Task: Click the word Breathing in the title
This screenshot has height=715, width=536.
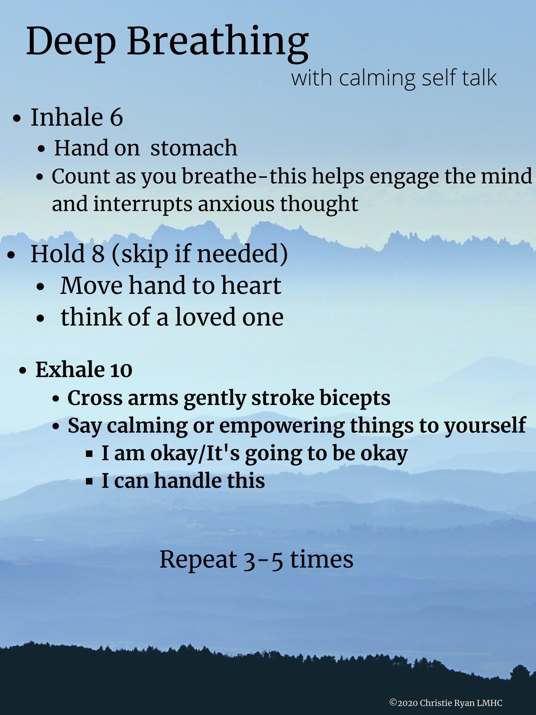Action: coord(217,41)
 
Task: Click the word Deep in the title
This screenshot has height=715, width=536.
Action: coord(71,41)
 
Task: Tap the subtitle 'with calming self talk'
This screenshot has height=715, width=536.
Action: coord(394,78)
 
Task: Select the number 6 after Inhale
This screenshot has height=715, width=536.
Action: coord(116,118)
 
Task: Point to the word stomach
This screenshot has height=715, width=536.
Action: coord(194,148)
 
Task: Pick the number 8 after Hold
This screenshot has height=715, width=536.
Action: coord(98,254)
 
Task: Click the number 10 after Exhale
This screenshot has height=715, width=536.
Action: coord(121,370)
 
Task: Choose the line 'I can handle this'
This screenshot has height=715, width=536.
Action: coord(183,481)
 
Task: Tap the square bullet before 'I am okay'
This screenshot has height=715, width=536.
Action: coord(89,454)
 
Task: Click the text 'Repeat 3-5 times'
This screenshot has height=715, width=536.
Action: coord(256,560)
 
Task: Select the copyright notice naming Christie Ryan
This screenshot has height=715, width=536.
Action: coord(446,703)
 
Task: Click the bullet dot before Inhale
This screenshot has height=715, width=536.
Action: coord(17,119)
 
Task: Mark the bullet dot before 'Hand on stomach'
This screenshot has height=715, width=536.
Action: coord(42,149)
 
